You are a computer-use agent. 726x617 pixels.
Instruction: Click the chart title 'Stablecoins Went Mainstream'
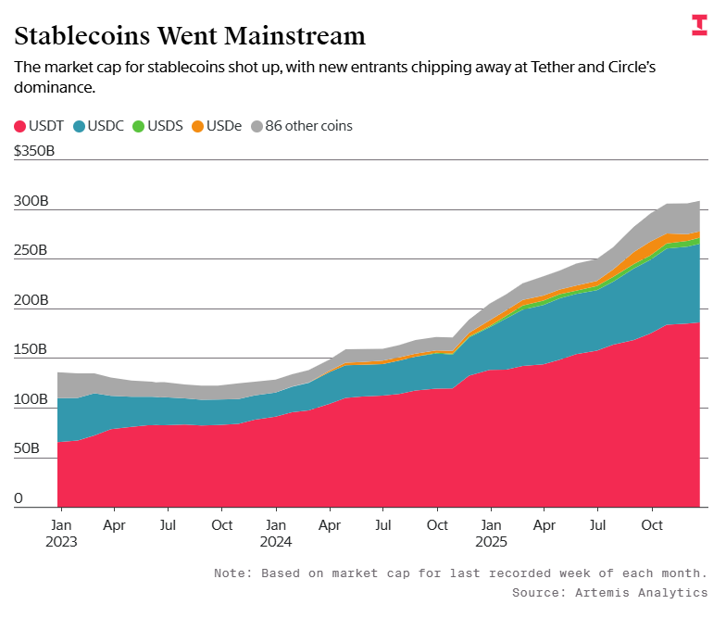[190, 36]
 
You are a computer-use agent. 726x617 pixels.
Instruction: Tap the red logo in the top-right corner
[699, 25]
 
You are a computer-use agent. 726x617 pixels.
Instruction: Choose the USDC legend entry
[100, 125]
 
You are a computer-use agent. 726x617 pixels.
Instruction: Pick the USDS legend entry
[158, 125]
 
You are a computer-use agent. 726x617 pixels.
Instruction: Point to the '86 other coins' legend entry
[301, 125]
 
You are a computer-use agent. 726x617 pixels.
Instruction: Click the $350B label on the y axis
[34, 151]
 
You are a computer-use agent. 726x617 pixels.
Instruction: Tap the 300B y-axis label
[31, 201]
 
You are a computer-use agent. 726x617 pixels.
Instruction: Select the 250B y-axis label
[31, 250]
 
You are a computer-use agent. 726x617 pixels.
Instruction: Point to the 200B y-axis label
[31, 300]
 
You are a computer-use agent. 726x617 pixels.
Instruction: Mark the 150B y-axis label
[31, 349]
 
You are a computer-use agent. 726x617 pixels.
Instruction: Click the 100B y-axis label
[31, 399]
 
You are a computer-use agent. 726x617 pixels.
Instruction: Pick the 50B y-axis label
[27, 448]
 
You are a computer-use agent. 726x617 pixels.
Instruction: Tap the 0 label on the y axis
[19, 498]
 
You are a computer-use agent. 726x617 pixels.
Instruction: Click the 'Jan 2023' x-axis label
[61, 531]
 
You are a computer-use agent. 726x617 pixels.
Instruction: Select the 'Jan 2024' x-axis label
[275, 531]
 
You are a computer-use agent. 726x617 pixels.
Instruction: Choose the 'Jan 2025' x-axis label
[491, 531]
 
